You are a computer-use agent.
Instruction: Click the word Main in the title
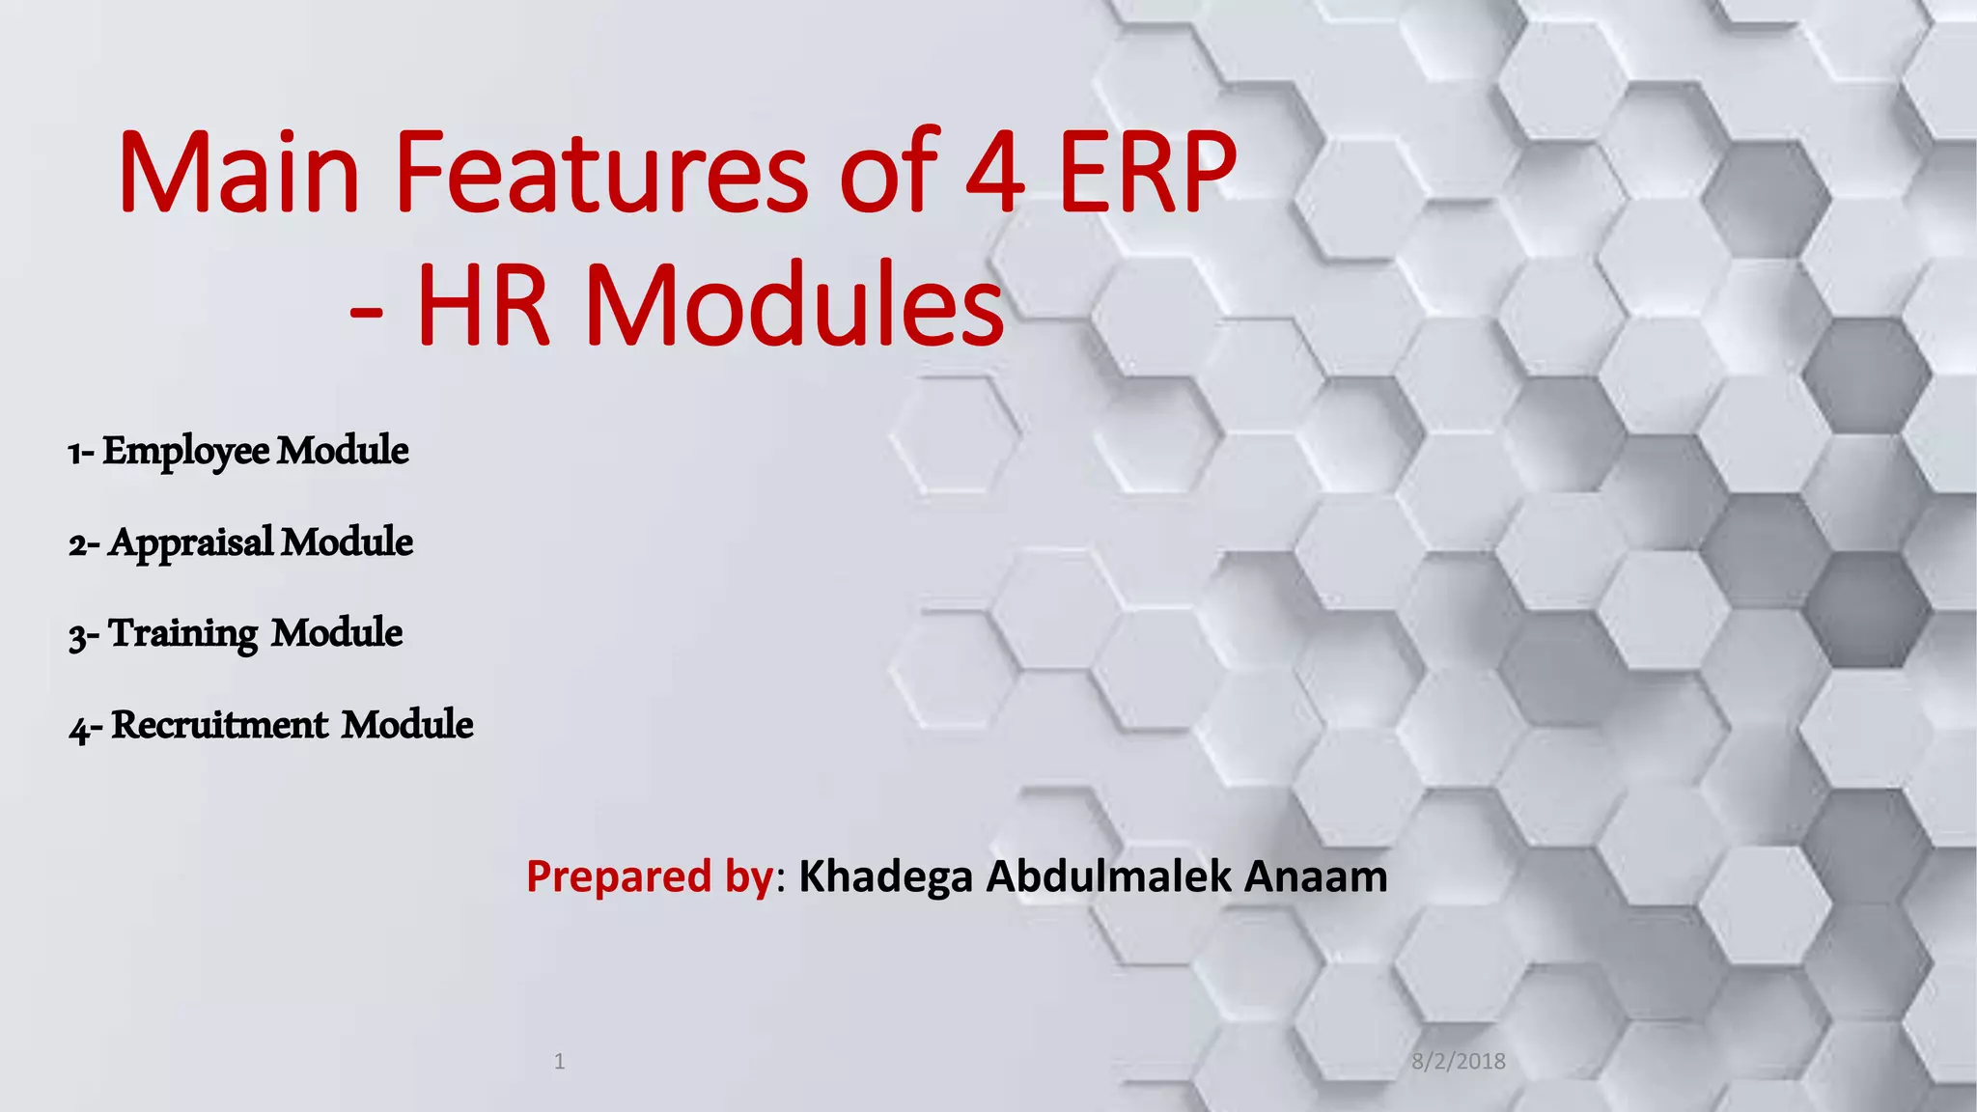pos(239,174)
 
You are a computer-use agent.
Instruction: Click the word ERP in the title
pos(1147,174)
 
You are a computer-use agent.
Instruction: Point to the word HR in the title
pos(483,306)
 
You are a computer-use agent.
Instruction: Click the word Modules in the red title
pos(794,306)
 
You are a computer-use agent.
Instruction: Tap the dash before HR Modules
pos(366,311)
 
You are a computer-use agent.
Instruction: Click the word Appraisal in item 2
pos(191,542)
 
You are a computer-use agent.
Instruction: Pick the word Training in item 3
pos(183,634)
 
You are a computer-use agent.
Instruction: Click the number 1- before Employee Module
pos(80,453)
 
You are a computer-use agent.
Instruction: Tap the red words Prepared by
pos(649,876)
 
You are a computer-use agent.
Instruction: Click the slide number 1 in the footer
pos(559,1062)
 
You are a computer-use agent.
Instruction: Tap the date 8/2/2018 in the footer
pos(1458,1062)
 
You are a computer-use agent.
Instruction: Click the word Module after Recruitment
pos(407,725)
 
